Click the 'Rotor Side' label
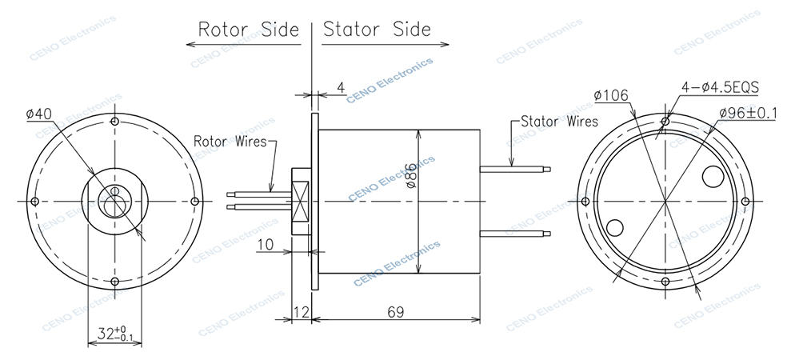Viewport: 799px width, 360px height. tap(248, 30)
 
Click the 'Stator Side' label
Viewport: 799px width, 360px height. tap(377, 30)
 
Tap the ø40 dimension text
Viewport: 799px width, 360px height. tap(39, 115)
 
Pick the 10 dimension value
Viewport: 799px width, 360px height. tap(266, 244)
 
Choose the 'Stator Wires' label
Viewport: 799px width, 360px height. tap(558, 122)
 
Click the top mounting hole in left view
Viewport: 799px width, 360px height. tap(115, 122)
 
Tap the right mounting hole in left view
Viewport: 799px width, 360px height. tap(195, 201)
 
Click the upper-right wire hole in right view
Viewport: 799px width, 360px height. tap(713, 172)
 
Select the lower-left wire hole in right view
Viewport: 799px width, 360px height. tap(617, 228)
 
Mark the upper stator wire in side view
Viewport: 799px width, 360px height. tap(515, 168)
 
